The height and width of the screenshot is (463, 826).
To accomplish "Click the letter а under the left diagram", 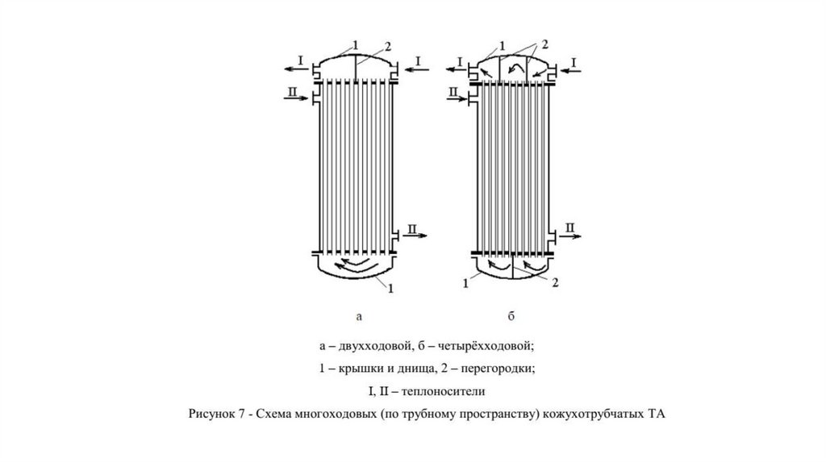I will pyautogui.click(x=359, y=316).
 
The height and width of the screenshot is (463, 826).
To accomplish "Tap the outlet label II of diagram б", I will pyautogui.click(x=569, y=229).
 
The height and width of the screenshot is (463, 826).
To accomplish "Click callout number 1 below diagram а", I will pyautogui.click(x=392, y=288).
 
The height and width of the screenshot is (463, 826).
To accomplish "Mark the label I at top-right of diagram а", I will pyautogui.click(x=418, y=61).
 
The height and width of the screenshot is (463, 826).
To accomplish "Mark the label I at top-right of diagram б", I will pyautogui.click(x=574, y=61).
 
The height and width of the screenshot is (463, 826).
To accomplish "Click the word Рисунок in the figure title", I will pyautogui.click(x=211, y=415).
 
